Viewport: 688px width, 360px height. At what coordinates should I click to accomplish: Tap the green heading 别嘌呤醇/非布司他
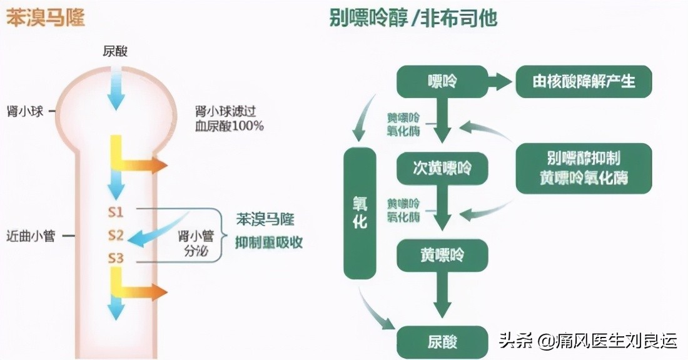(413, 18)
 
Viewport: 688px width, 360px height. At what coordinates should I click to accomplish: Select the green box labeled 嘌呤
(442, 81)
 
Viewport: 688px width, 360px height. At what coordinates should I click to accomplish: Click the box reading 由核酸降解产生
(584, 81)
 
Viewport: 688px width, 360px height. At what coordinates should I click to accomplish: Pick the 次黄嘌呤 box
(442, 167)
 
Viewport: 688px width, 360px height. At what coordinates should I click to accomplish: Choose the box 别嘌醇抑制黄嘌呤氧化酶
(584, 167)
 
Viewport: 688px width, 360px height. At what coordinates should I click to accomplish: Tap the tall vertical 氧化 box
(360, 213)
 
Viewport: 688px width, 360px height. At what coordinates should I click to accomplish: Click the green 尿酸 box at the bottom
(442, 341)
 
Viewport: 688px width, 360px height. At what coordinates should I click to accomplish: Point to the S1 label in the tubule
(116, 212)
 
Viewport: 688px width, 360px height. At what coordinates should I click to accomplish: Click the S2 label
(116, 236)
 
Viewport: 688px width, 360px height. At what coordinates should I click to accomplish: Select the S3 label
(116, 257)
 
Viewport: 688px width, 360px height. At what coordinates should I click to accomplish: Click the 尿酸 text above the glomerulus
(116, 51)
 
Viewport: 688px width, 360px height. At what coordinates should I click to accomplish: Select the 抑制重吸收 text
(269, 242)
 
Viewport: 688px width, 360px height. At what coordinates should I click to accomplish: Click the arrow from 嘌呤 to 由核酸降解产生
(500, 81)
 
